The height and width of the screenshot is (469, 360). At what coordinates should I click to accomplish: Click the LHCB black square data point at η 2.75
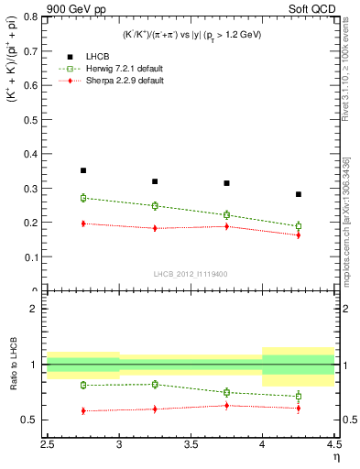(83, 170)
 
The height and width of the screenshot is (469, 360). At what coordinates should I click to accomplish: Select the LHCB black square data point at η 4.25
(299, 194)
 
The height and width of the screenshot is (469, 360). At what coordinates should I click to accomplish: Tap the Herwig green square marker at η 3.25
(155, 206)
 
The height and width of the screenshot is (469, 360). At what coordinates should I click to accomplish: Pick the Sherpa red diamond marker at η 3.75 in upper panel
(226, 226)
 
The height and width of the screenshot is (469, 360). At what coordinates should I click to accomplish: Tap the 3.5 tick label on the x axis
(191, 444)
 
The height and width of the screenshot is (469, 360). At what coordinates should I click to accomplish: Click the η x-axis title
(335, 456)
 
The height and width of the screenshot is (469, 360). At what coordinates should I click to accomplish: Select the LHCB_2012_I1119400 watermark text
(191, 274)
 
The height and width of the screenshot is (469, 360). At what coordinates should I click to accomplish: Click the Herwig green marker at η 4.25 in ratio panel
(299, 397)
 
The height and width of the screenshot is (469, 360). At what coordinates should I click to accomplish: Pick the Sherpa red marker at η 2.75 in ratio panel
(83, 411)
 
